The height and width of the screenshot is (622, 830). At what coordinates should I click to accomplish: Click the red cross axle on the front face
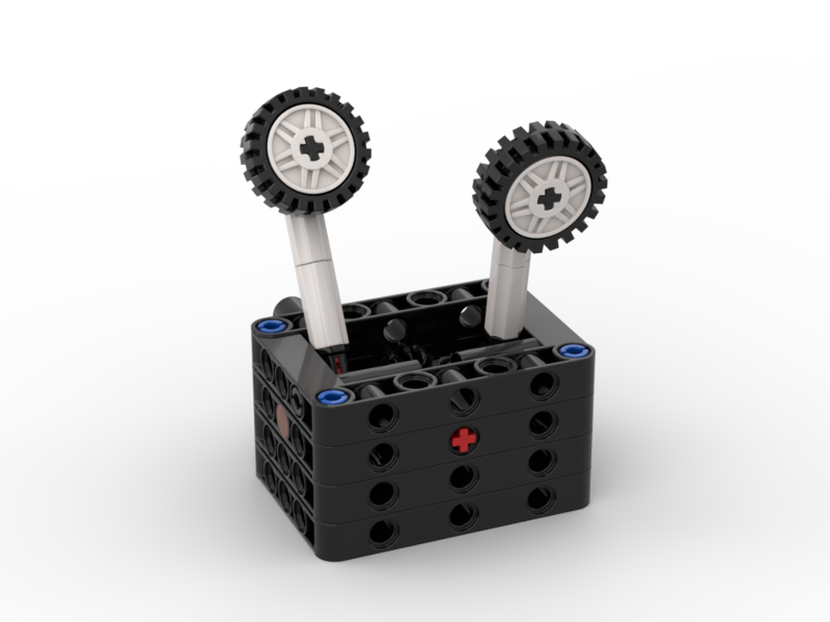pyautogui.click(x=464, y=440)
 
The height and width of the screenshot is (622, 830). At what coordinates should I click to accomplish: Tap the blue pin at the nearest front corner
pyautogui.click(x=330, y=396)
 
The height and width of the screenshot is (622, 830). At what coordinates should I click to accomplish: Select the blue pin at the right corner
pyautogui.click(x=572, y=351)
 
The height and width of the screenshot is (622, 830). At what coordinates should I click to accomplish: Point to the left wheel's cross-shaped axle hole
pyautogui.click(x=312, y=148)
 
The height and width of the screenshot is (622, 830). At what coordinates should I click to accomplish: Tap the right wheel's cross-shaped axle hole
pyautogui.click(x=547, y=198)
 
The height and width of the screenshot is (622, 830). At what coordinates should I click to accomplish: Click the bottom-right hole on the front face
pyautogui.click(x=540, y=498)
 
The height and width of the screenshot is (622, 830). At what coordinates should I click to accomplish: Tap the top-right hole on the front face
pyautogui.click(x=543, y=382)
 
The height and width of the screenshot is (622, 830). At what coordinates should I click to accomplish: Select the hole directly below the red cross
pyautogui.click(x=463, y=478)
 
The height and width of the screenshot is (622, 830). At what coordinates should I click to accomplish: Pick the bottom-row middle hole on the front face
pyautogui.click(x=463, y=516)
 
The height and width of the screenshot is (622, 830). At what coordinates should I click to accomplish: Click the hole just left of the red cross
pyautogui.click(x=383, y=454)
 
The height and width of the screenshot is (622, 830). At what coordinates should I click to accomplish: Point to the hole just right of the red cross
pyautogui.click(x=542, y=421)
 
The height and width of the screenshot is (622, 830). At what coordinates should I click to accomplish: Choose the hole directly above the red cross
pyautogui.click(x=463, y=400)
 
